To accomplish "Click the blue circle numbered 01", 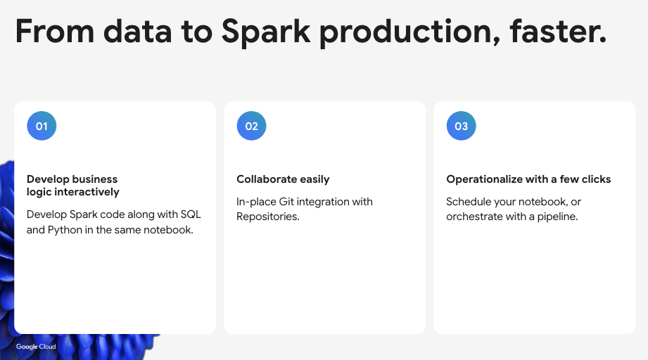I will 42,127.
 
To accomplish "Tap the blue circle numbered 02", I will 251,127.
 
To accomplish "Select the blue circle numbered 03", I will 461,127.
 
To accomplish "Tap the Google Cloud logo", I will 36,347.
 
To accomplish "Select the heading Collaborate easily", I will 283,179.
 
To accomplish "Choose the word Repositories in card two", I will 267,217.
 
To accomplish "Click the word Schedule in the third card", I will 468,202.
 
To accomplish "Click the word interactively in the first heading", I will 84,192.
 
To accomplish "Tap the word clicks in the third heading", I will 596,179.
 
